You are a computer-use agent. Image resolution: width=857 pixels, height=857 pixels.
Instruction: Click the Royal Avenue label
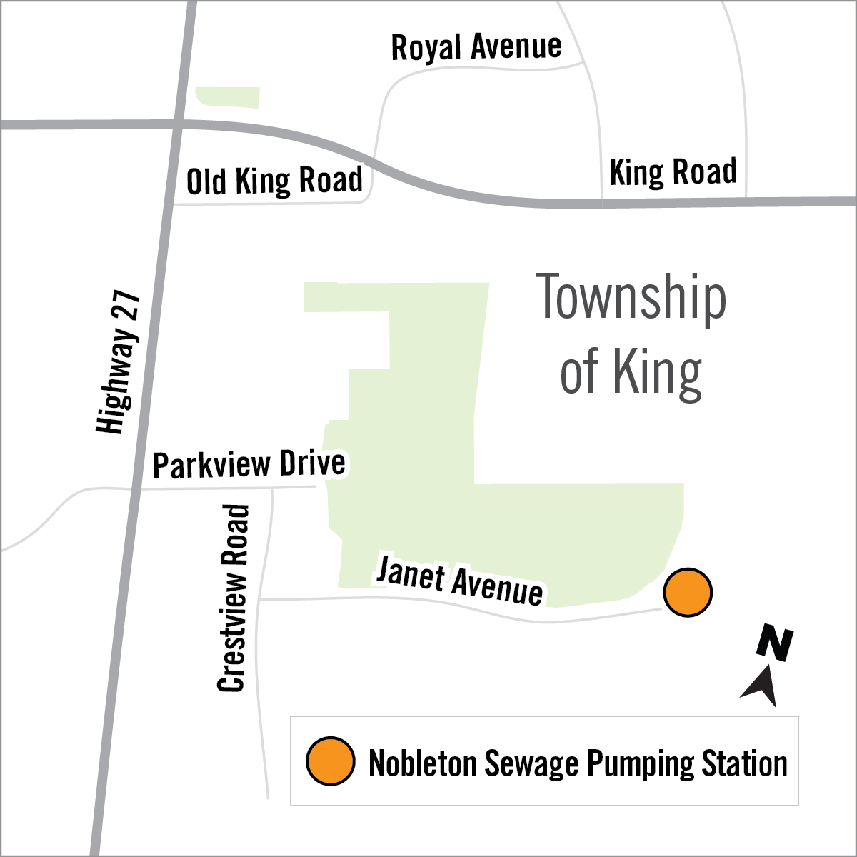point(476,48)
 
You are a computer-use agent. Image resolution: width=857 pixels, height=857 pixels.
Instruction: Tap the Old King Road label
point(274,181)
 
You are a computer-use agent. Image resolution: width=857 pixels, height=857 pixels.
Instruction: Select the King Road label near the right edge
point(673,172)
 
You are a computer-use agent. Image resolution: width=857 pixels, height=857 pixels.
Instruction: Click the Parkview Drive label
point(249,465)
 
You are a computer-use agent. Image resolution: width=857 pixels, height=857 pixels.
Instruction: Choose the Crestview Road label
point(234,598)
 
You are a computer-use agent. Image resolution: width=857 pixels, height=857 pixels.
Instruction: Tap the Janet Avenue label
point(459,582)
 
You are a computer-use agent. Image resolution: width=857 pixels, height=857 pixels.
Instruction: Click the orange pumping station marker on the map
point(688,592)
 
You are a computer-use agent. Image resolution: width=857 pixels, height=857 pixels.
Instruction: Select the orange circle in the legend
point(331,761)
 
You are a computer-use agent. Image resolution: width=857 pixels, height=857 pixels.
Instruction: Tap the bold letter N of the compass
point(775,642)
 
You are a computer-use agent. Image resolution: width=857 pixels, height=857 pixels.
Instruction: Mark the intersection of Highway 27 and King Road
point(179,124)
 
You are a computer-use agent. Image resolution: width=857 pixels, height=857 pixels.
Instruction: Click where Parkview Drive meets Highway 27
point(136,489)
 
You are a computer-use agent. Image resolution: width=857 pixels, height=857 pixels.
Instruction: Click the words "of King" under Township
point(631,372)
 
